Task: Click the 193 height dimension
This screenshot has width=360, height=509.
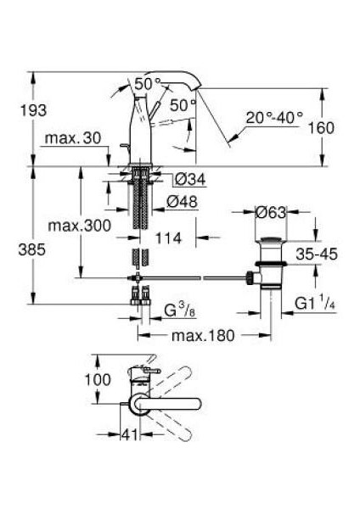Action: pos(33,110)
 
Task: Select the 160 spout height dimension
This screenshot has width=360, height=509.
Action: pos(321,128)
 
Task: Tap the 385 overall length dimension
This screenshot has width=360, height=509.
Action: pos(31,250)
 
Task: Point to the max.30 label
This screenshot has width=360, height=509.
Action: pos(73,138)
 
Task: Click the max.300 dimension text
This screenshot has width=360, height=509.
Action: pos(80,226)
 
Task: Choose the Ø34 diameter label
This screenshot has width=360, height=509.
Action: pos(190,179)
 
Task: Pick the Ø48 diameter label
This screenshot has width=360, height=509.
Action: pos(182,202)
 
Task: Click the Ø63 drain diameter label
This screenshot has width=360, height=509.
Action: pos(271,213)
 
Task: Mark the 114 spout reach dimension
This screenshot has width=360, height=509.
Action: pos(168,238)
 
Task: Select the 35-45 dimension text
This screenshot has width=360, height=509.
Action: pos(317,255)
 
